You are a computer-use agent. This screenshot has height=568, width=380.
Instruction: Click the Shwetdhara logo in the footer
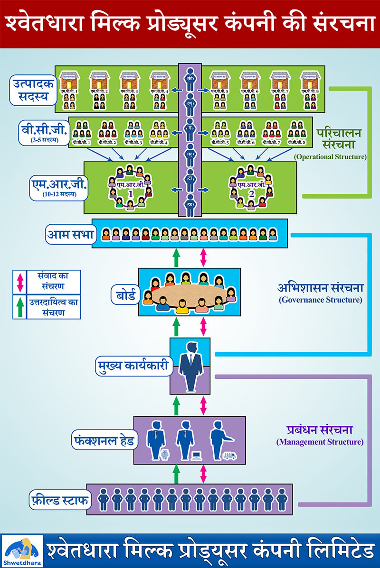[22, 550]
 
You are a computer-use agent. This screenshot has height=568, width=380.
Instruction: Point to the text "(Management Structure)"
[320, 442]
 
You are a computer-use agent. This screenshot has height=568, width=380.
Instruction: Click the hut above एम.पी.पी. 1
[69, 79]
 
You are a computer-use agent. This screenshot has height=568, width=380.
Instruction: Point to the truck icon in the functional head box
[230, 456]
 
